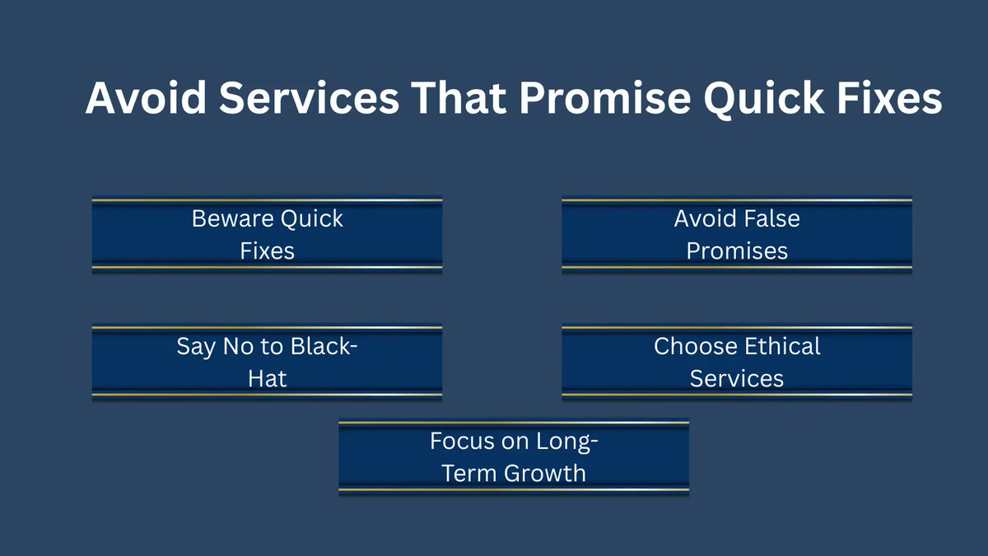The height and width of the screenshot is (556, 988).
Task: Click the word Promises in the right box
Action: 737,250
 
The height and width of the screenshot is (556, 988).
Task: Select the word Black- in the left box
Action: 323,346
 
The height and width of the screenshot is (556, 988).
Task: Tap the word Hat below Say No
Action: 267,378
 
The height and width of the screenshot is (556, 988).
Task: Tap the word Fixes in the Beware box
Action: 267,250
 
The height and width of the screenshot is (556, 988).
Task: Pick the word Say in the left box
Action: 194,346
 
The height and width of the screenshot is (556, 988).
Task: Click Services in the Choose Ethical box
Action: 737,378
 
